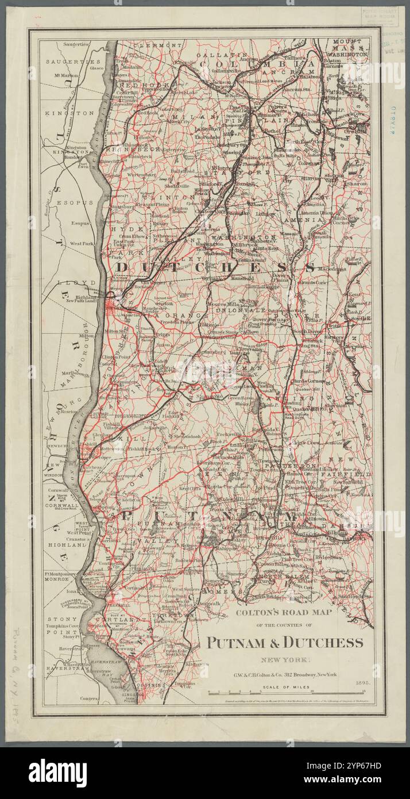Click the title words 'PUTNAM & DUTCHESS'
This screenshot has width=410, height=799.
[x=285, y=642]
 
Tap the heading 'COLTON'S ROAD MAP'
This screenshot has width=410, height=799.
[x=284, y=613]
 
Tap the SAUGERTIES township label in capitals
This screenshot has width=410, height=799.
[x=73, y=62]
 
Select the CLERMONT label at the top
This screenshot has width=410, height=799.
[x=157, y=45]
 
